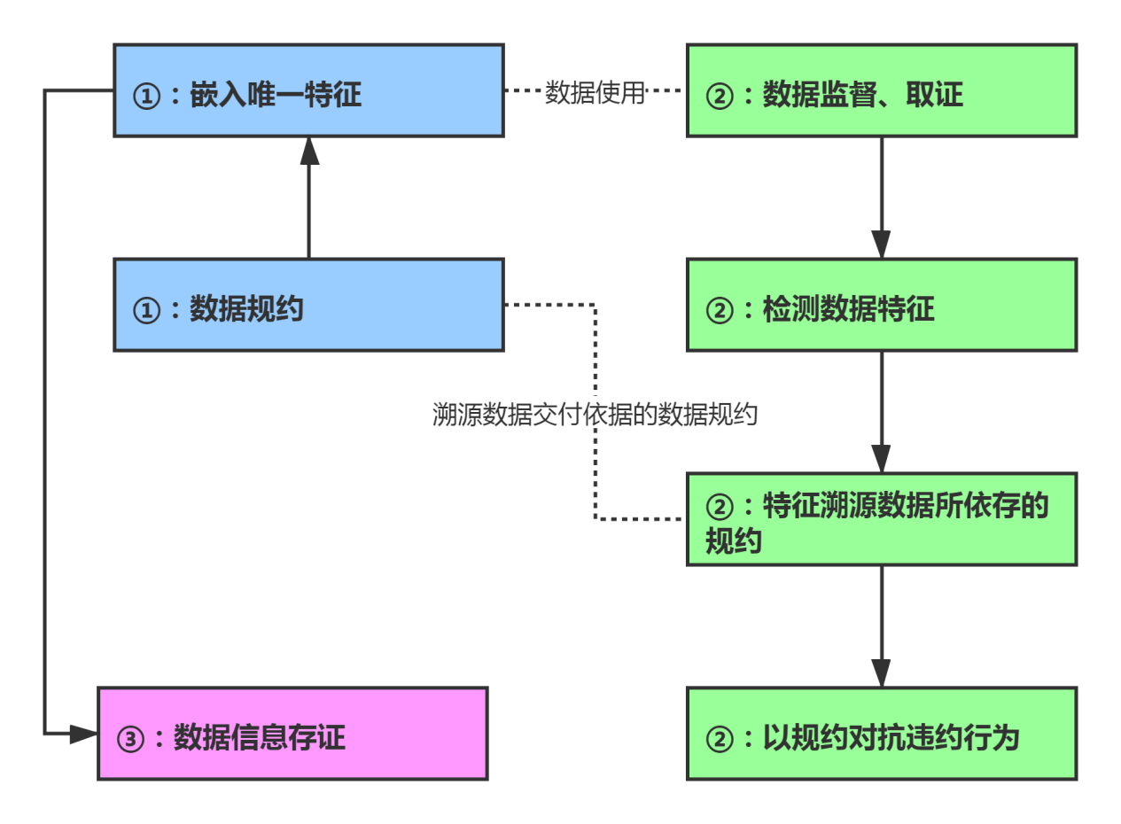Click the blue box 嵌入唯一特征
[x=308, y=91]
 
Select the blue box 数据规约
[x=308, y=306]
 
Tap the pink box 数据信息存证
[x=292, y=734]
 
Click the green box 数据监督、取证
[x=882, y=91]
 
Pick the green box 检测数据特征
[x=882, y=306]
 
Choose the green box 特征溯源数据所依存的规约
[x=882, y=519]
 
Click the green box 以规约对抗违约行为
[x=882, y=734]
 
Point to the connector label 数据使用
[x=595, y=91]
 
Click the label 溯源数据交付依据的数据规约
[x=595, y=414]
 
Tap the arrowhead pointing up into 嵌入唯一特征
[x=308, y=152]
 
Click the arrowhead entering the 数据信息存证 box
[x=83, y=734]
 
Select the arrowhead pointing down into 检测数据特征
[x=881, y=244]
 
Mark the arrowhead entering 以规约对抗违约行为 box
[x=881, y=672]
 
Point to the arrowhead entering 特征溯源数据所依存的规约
[x=881, y=458]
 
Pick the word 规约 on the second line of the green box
[x=734, y=540]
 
